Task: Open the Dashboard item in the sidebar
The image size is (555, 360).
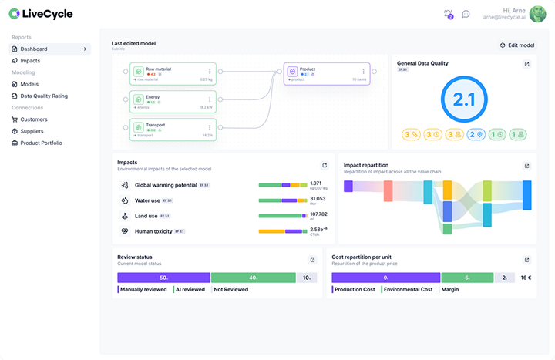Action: [34, 49]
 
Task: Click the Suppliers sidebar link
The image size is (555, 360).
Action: [33, 131]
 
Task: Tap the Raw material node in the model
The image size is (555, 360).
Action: [173, 73]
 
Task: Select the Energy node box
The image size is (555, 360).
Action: [173, 101]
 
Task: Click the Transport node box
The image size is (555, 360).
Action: [173, 128]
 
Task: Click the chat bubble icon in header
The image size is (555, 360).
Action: [466, 14]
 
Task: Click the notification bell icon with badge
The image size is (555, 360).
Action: [449, 14]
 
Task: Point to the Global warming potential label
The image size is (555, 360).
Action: [166, 185]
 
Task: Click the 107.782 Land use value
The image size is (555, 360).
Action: [318, 214]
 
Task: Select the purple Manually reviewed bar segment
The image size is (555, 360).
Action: [163, 277]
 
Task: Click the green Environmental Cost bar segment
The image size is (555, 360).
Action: [466, 277]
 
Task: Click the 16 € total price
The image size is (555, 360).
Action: [525, 277]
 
